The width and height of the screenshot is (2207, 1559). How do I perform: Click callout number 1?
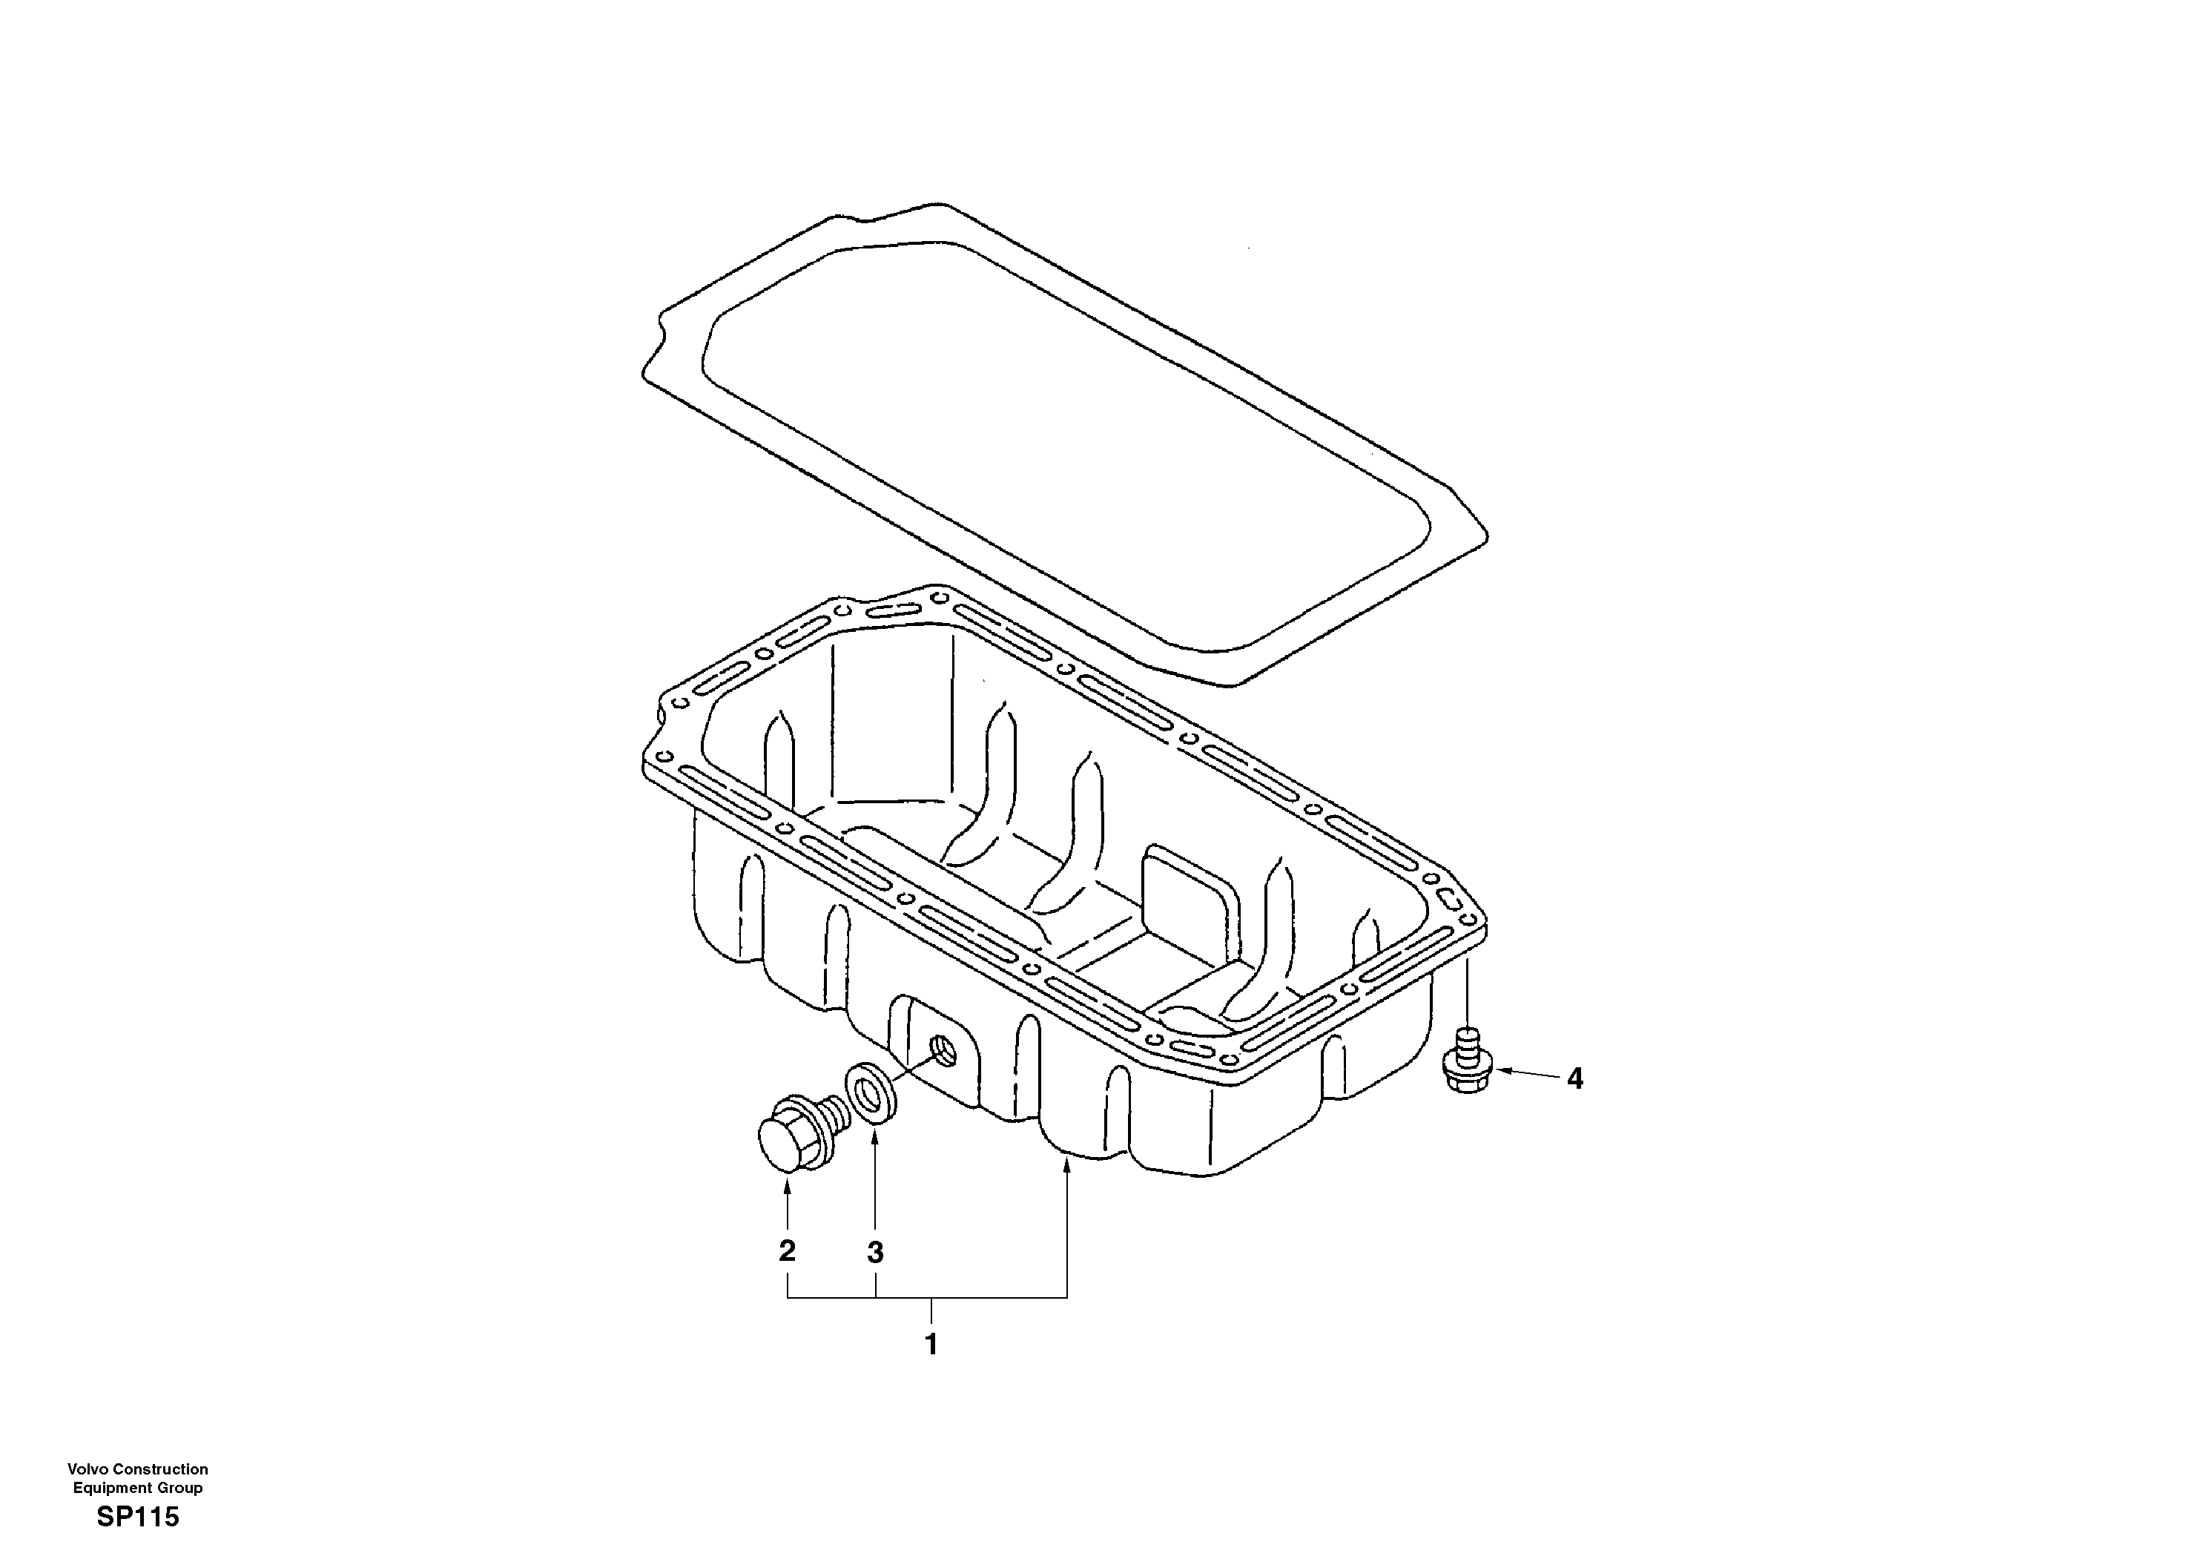pyautogui.click(x=931, y=1345)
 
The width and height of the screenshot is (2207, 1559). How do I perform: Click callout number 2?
pyautogui.click(x=788, y=1250)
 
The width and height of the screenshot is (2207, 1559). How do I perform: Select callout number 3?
pyautogui.click(x=875, y=1253)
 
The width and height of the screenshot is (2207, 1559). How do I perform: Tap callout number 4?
pyautogui.click(x=1574, y=1079)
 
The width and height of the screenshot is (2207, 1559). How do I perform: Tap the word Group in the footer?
pyautogui.click(x=179, y=1488)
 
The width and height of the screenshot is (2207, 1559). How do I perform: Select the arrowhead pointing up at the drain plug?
pyautogui.click(x=788, y=1188)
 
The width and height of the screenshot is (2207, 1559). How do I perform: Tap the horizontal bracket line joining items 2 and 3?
pyautogui.click(x=831, y=1299)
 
